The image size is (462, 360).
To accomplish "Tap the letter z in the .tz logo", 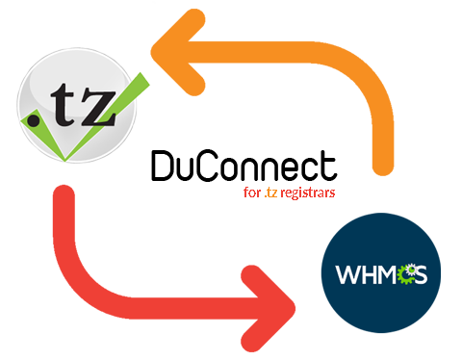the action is click(x=95, y=115).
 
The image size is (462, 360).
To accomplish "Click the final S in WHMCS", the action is click(x=422, y=275).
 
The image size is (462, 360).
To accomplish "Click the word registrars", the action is click(x=308, y=193).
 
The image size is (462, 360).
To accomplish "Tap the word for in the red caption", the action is click(x=252, y=193).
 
